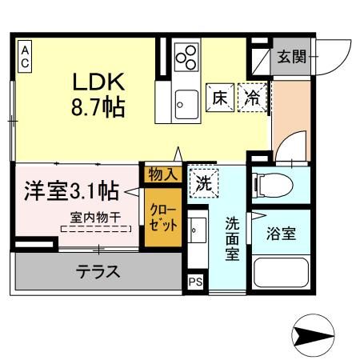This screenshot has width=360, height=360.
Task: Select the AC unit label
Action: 25,58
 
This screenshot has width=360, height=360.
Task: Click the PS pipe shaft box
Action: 194,282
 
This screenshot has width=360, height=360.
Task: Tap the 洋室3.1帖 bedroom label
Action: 71,191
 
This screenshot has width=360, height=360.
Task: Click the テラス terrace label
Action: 98,272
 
